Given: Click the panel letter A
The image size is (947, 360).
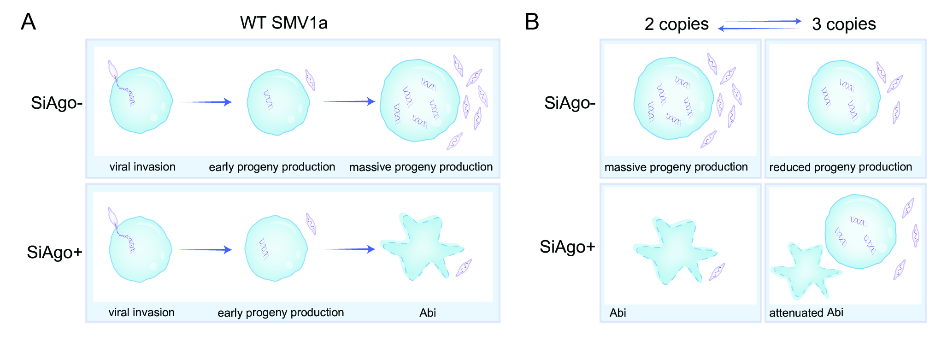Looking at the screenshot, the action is (28, 22).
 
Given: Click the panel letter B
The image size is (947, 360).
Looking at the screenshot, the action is (532, 22).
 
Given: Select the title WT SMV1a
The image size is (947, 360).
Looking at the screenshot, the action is (283, 23).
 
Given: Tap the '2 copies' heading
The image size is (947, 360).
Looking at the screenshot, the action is (676, 24).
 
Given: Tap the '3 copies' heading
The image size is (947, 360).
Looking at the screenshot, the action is (844, 24).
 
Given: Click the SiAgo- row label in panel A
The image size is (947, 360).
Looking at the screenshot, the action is (57, 103).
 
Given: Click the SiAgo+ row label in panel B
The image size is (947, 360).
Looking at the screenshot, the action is (567, 247).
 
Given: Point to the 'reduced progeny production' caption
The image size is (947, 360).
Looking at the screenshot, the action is (841, 167).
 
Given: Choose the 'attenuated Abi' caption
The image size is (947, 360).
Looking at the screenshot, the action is (806, 313).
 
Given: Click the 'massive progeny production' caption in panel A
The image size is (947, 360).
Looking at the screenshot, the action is (421, 167).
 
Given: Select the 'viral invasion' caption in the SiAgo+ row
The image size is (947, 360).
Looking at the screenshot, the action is (141, 313).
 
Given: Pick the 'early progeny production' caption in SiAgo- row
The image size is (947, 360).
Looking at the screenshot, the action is (272, 167).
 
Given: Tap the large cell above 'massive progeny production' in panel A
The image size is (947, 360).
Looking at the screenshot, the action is (420, 100).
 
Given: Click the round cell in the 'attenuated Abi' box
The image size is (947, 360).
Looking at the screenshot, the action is (860, 231).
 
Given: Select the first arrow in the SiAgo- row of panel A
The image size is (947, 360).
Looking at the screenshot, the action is (206, 102).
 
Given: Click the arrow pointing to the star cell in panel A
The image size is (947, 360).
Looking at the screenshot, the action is (350, 249).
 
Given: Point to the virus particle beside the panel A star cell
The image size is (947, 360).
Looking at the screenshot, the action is (464, 268).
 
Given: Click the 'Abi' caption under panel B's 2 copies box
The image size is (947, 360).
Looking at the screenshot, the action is (618, 313).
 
